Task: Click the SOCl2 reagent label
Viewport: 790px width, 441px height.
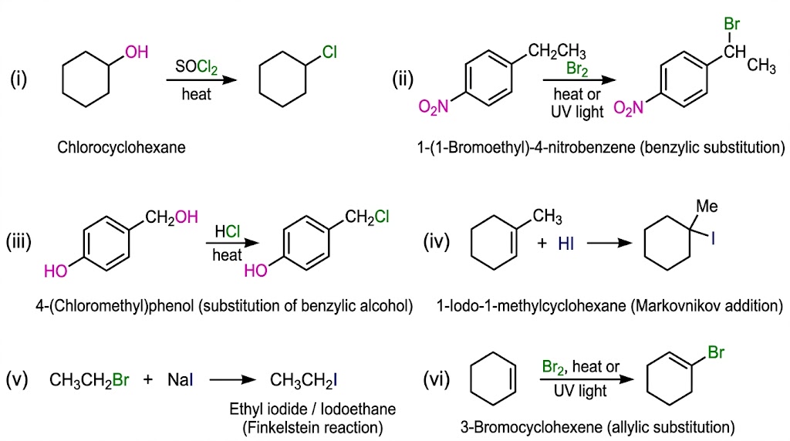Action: point(197,66)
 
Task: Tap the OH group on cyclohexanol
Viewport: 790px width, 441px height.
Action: point(137,52)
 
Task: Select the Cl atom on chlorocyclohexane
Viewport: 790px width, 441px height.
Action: point(329,52)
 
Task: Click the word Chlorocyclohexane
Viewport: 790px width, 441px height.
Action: point(121,147)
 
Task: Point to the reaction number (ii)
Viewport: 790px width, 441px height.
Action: point(403,79)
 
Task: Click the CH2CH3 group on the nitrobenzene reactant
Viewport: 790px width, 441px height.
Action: point(557,52)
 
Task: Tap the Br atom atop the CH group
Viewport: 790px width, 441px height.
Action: point(731,24)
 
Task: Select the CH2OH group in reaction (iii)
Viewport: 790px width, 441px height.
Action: point(171,217)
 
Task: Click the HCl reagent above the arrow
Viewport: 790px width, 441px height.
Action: point(228,231)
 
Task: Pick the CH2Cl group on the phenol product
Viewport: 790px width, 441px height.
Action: point(366,217)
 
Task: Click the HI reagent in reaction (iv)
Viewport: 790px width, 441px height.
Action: point(565,244)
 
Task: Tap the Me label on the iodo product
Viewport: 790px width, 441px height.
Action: point(707,206)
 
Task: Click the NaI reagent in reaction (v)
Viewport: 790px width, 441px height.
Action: point(180,379)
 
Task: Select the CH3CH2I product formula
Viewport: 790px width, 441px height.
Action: point(303,380)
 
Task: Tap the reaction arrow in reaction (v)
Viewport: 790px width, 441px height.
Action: point(233,379)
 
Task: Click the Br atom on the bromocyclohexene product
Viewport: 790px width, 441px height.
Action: point(716,352)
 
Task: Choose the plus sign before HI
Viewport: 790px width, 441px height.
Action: point(542,244)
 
